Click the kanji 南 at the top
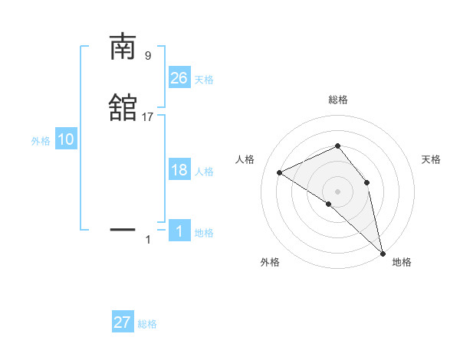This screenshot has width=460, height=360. coord(123,47)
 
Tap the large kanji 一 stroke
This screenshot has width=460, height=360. coord(123,228)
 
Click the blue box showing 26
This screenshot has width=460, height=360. coord(179,77)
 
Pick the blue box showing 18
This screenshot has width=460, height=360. coord(179,170)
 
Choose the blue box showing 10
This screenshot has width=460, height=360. coord(66,139)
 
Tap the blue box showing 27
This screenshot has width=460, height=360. coord(123,322)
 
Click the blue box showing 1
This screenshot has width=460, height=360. coord(179,231)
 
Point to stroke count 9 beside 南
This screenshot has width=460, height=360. coord(148,55)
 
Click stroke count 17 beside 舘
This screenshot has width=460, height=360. coord(148,117)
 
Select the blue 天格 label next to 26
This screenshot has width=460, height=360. coord(204,79)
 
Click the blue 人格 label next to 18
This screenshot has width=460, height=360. coord(204,172)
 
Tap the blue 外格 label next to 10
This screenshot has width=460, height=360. coord(41,141)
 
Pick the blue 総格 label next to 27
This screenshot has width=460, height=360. coord(147,324)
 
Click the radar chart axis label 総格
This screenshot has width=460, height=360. coord(337,100)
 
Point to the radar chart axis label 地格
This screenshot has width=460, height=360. coord(402,262)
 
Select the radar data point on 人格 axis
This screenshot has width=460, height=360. coord(280,172)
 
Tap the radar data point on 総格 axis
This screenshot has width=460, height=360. coord(337,146)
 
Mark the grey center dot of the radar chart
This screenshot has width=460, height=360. coord(337,191)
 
